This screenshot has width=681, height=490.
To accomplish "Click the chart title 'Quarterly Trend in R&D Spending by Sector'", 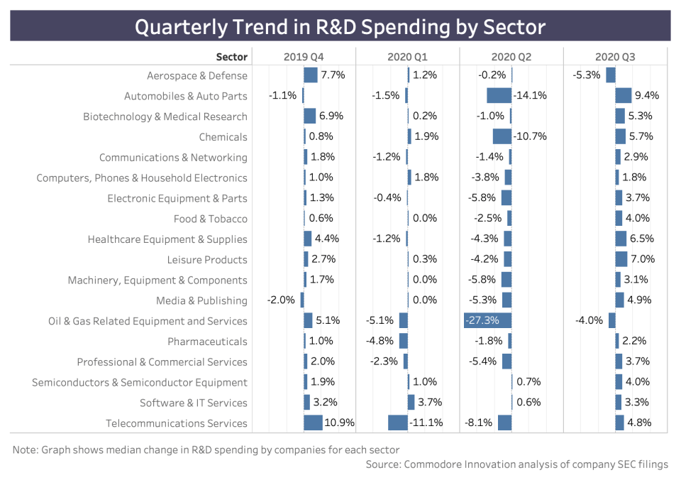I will pos(340,27).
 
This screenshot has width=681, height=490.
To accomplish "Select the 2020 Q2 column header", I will pos(511,57).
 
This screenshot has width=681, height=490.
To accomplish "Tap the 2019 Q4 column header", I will pos(304,57).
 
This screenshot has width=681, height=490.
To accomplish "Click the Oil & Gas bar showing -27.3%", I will pos(487,320).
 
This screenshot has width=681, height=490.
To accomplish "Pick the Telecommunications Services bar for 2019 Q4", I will pos(313,423).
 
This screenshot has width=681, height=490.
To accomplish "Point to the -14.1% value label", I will pos(531,96).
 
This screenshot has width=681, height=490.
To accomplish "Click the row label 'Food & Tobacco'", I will pos(211,219).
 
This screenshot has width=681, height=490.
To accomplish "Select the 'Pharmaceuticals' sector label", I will pos(207,342).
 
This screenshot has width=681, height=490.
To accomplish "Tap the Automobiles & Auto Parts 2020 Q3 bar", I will pos(624,96).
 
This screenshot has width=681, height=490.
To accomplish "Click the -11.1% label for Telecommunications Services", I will pos(426,423).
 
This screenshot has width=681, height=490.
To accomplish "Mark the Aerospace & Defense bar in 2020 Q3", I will pos(610,75).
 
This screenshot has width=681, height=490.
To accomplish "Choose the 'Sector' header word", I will pos(232,57).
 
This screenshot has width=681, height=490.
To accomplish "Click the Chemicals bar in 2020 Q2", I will pos(502,136).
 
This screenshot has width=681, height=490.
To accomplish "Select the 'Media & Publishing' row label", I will pos(201,300).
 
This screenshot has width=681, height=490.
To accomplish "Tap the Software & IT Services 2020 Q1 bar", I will pos(411,403).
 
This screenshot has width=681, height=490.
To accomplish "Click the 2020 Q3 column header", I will pos(616,57).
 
